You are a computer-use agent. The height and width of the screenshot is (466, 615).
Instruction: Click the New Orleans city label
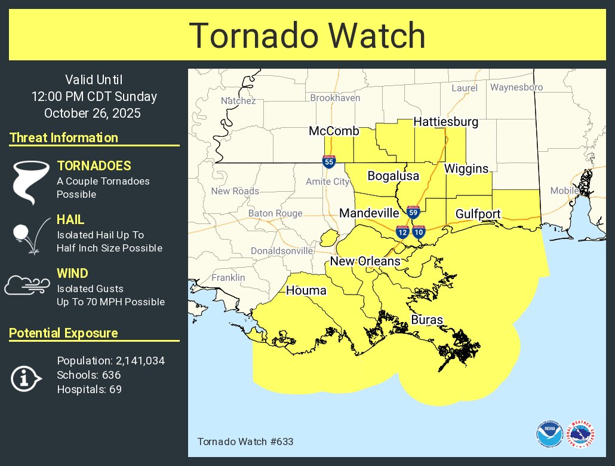(365, 261)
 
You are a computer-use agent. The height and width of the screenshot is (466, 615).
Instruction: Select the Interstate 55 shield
(329, 161)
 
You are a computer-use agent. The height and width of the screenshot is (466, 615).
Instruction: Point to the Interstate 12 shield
(402, 232)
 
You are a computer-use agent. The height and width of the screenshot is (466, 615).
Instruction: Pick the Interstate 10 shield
(419, 232)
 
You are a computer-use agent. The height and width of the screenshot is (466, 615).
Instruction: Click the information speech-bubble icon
(26, 378)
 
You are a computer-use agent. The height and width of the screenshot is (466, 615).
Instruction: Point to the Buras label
(427, 320)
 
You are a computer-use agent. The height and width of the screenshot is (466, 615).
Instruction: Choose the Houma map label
(306, 291)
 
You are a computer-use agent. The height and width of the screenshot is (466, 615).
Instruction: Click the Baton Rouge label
(275, 213)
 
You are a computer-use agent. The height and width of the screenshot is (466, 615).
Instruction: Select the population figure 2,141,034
(136, 361)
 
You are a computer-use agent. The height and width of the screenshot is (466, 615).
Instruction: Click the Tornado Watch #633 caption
(245, 442)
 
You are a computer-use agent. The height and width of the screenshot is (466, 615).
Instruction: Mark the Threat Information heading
(64, 138)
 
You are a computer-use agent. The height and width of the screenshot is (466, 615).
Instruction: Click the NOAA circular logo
(549, 434)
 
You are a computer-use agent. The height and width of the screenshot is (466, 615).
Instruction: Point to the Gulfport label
(478, 214)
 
